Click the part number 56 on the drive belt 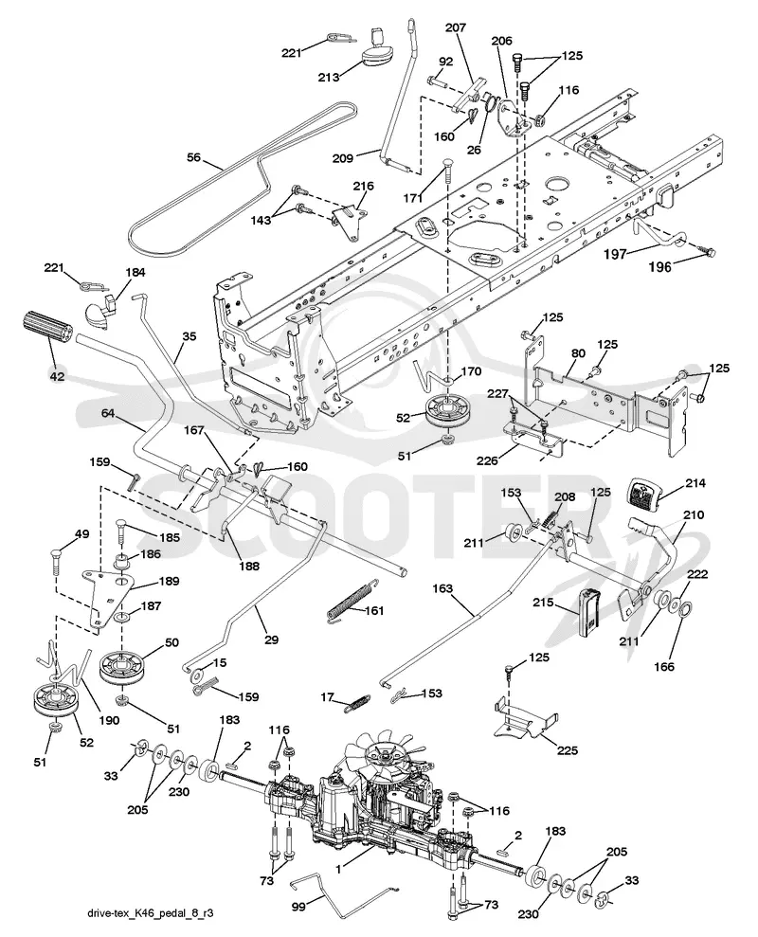click(x=193, y=158)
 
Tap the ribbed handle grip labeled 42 click(x=47, y=330)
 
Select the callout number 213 click(x=329, y=77)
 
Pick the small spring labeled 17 click(x=358, y=703)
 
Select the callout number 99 click(x=298, y=907)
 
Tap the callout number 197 click(x=615, y=253)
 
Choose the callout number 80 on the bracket click(x=578, y=353)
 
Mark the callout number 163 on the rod click(x=442, y=588)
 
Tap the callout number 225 click(x=568, y=750)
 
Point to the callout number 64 click(x=108, y=413)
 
